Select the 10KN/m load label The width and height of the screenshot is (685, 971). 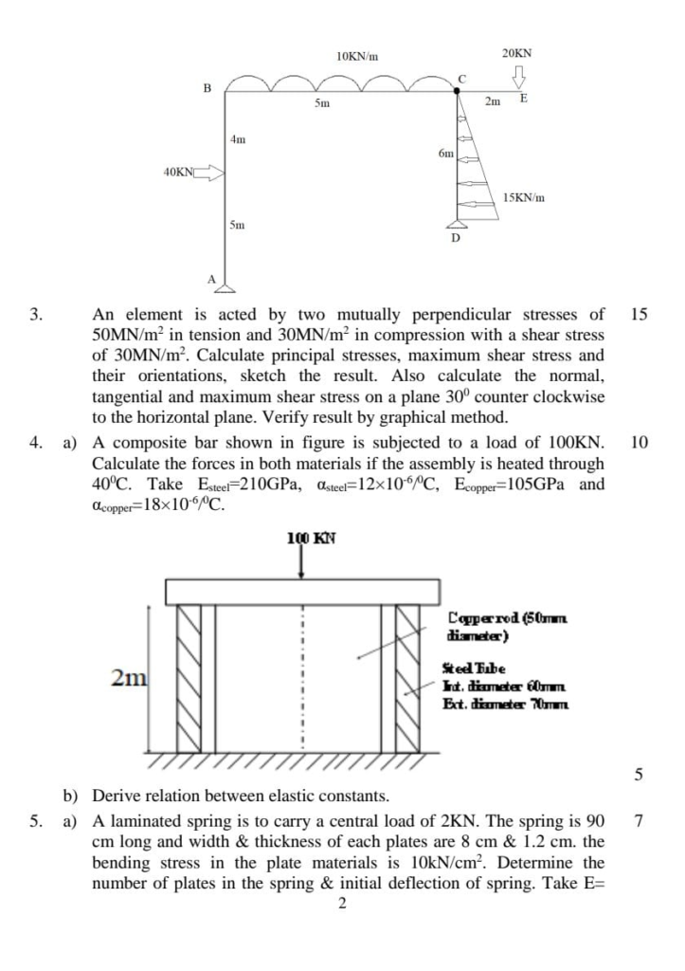point(357,57)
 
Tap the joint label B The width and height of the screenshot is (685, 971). point(207,88)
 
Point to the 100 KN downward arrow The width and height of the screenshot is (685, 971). point(301,562)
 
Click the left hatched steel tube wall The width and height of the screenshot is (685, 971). point(189,676)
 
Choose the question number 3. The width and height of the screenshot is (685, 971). point(35,314)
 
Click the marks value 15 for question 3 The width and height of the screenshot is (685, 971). point(639,314)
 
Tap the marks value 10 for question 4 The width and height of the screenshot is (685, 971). point(639,443)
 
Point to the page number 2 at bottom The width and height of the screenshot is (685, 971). point(342,904)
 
